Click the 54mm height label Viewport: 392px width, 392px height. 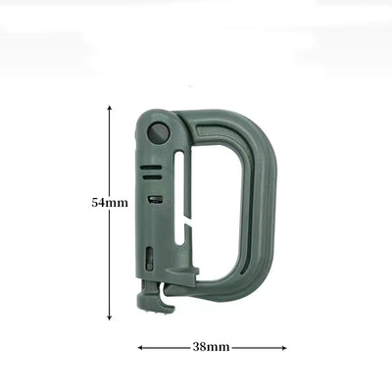point(110,202)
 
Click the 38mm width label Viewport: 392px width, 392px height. point(211,347)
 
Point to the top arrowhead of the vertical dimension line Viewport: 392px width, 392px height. point(110,109)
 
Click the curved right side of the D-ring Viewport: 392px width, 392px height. point(258,206)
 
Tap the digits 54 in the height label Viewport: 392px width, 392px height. point(100,202)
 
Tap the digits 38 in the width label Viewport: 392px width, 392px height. point(200,347)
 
